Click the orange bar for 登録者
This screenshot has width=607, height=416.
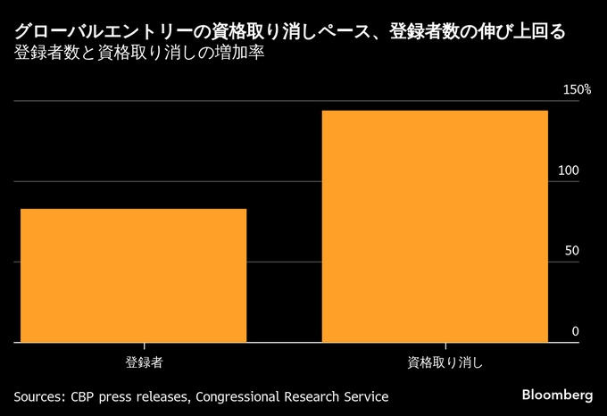tap(133, 275)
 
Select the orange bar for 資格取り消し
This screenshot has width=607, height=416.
tap(435, 226)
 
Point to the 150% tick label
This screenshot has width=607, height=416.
tap(577, 90)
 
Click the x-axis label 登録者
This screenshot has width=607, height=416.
tap(144, 363)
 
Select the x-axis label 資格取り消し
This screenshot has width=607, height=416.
tap(445, 363)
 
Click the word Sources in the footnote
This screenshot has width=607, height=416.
tap(38, 395)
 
